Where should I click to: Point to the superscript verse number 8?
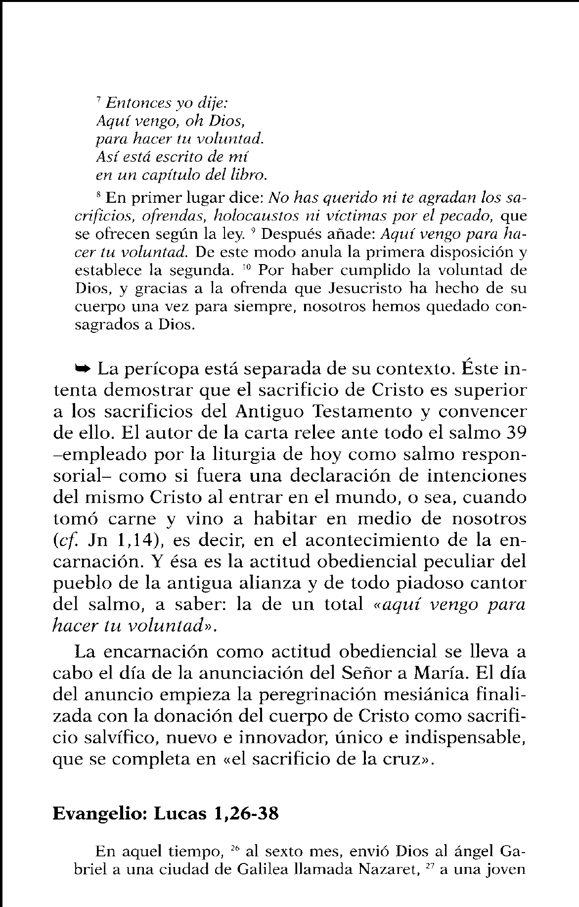(x=98, y=195)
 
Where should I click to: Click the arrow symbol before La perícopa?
(x=82, y=368)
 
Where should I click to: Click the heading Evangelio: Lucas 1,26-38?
(x=166, y=814)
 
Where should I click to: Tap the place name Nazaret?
(x=380, y=869)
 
